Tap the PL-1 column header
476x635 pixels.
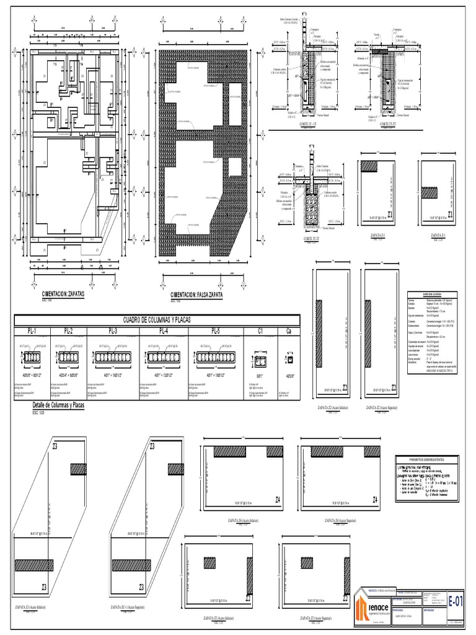[31, 331]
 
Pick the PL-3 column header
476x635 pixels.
[112, 331]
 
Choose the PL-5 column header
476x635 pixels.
[216, 331]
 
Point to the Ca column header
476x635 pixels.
[288, 331]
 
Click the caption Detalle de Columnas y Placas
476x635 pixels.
[58, 405]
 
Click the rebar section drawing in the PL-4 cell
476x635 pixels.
[164, 357]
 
